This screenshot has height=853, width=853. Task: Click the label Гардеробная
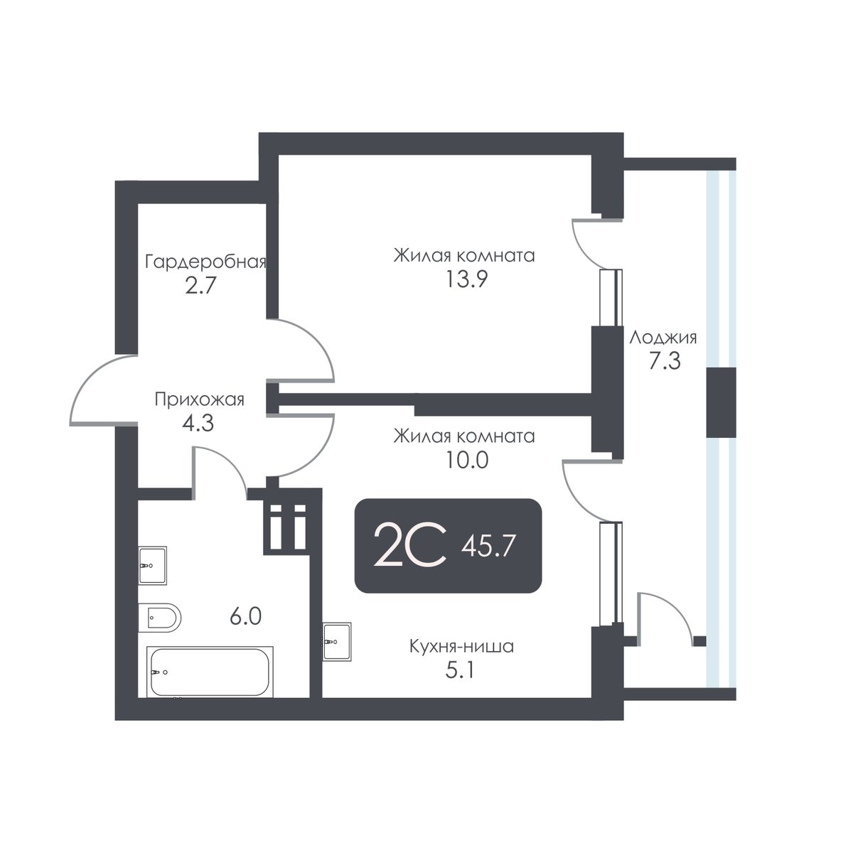point(205,262)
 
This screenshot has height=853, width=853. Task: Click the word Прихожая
point(200,399)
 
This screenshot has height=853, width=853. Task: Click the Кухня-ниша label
point(461,647)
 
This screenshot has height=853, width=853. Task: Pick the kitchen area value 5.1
point(461,670)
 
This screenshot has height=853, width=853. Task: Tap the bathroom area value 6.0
point(245,616)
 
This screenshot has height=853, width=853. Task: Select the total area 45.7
point(488,547)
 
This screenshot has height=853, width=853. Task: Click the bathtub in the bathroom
point(210,671)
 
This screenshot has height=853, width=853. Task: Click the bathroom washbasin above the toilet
point(152,566)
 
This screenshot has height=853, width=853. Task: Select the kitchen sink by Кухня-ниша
point(336,642)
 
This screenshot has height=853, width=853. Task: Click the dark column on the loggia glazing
point(721,402)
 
